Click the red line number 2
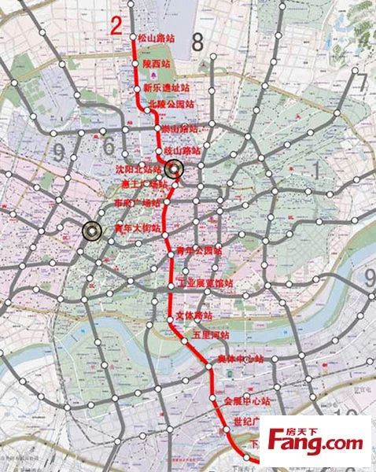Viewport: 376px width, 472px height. [x=116, y=25]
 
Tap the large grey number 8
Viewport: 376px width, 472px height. [x=197, y=42]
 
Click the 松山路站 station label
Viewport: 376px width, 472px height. [x=156, y=36]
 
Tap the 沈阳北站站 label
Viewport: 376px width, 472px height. [x=142, y=169]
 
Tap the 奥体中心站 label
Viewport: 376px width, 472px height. [x=240, y=359]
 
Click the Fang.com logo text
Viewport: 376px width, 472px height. [x=319, y=442]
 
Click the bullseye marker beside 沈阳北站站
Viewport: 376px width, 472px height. [x=175, y=168]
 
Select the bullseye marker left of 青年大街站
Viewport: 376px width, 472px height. [x=92, y=230]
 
